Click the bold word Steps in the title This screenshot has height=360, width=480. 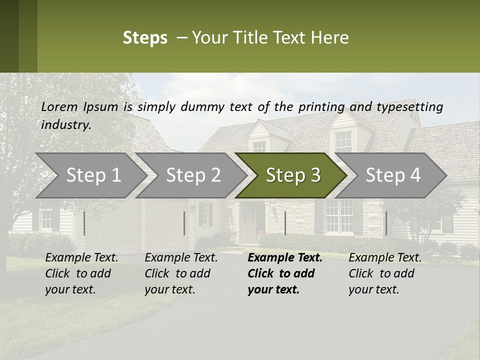145,38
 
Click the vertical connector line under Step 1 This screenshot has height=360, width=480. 84,223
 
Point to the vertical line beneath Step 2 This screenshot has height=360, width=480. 184,223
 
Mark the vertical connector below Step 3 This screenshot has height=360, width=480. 285,223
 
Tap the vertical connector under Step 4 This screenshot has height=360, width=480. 386,223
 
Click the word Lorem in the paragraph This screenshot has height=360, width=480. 59,106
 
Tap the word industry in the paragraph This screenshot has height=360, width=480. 66,124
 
